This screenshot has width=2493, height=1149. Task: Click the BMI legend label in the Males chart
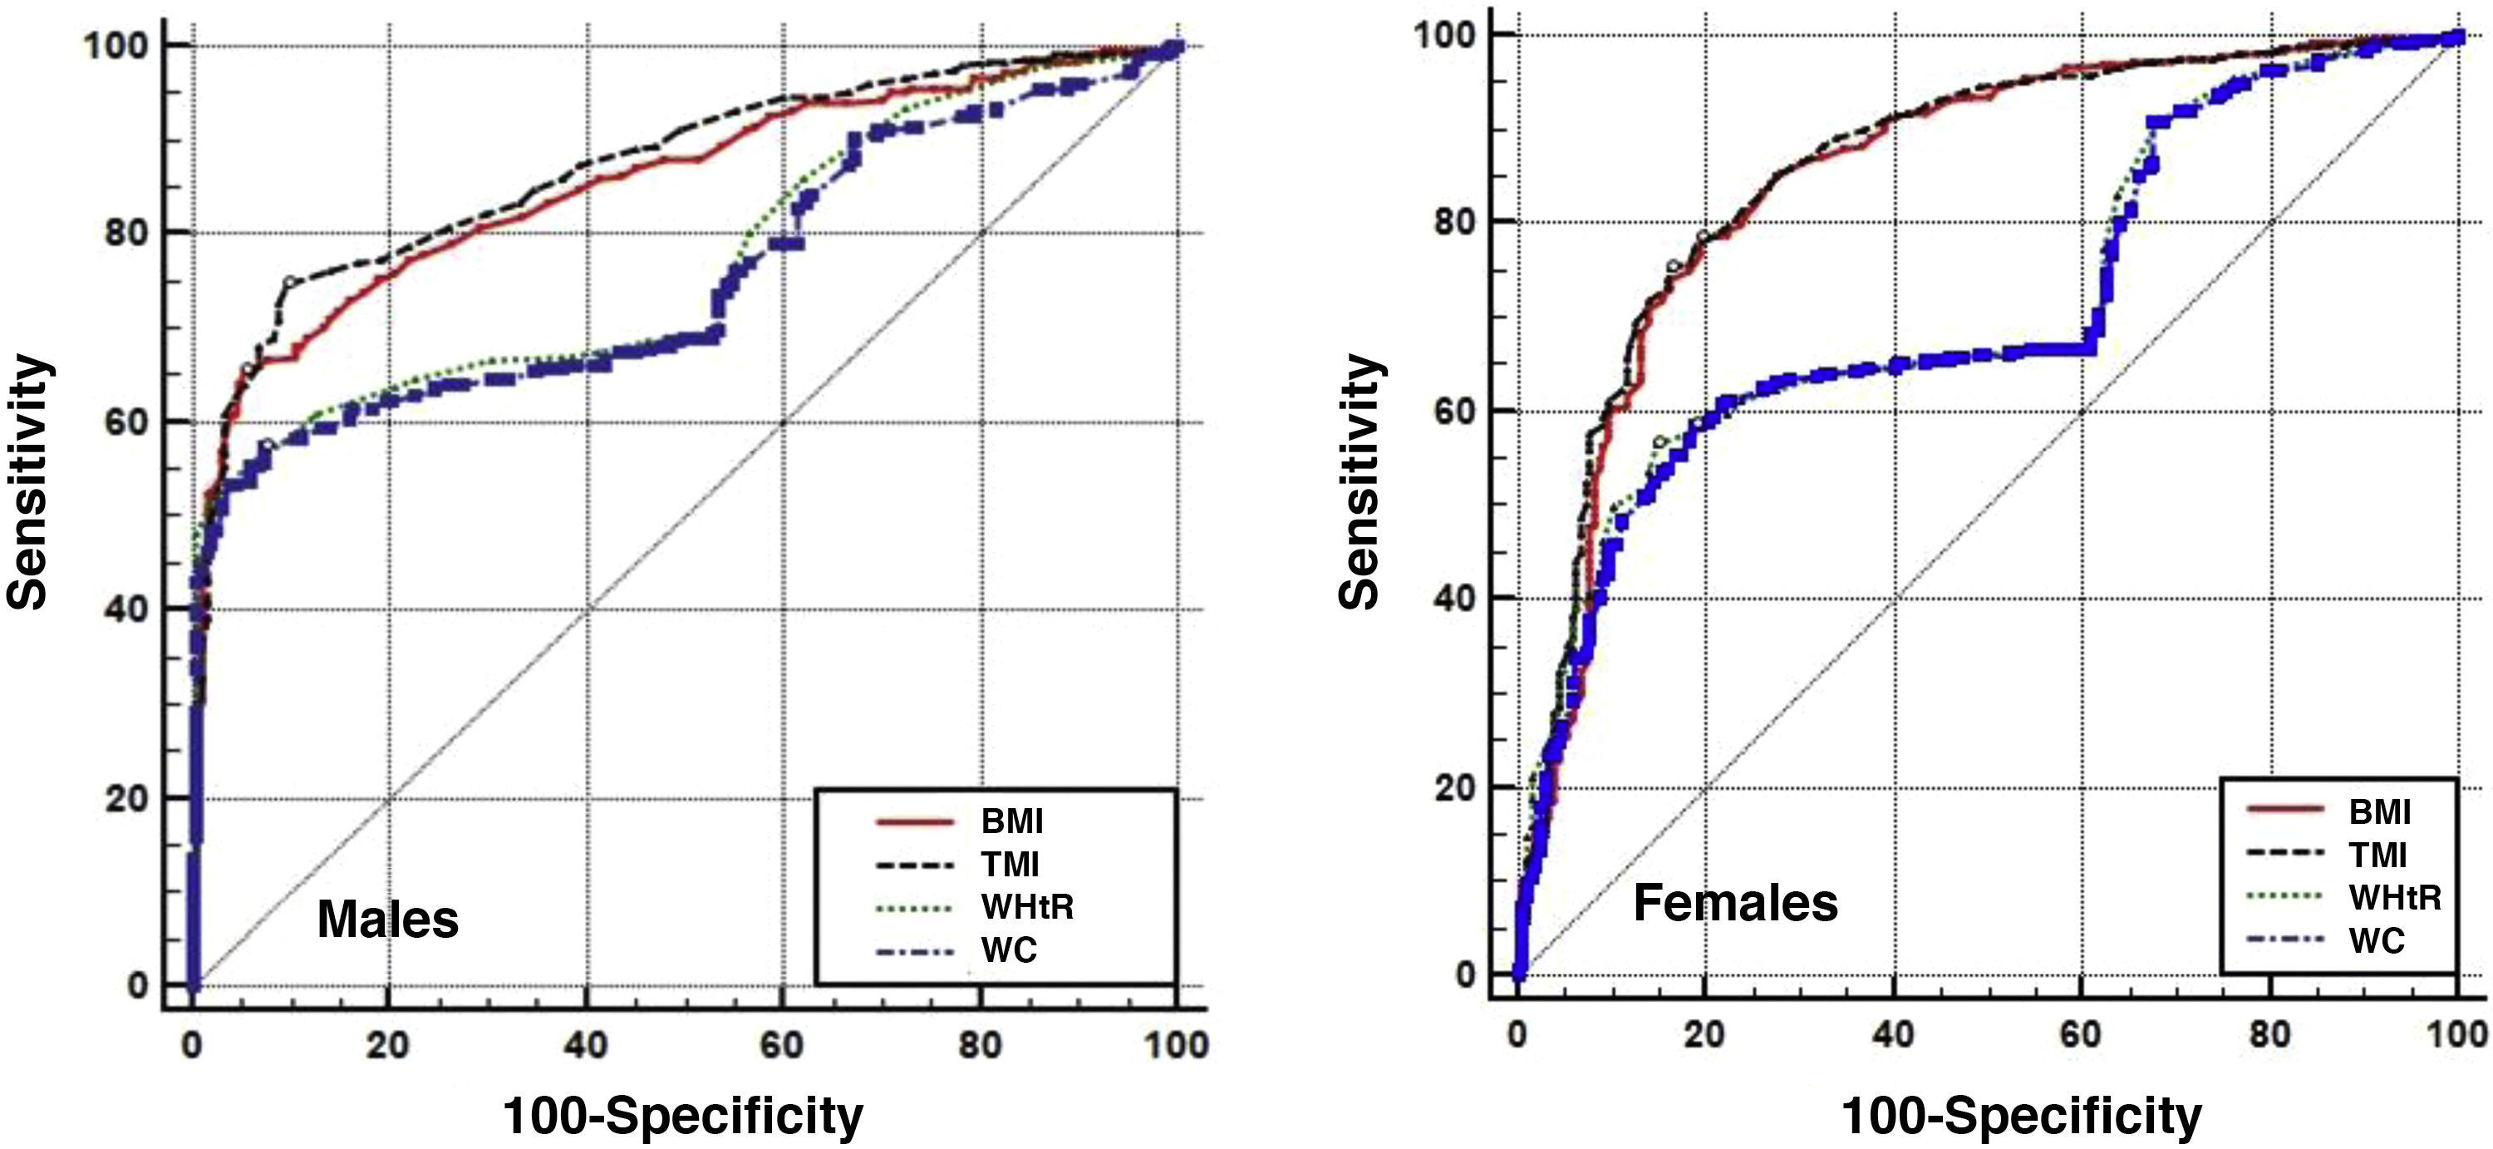pyautogui.click(x=1011, y=821)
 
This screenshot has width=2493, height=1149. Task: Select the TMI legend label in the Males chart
pyautogui.click(x=1010, y=865)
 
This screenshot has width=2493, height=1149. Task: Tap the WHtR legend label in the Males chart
pyautogui.click(x=1027, y=907)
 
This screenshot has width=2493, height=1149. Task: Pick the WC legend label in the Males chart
pyautogui.click(x=1009, y=950)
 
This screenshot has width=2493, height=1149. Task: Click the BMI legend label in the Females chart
pyautogui.click(x=2380, y=812)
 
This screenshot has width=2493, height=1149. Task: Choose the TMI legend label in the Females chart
pyautogui.click(x=2377, y=855)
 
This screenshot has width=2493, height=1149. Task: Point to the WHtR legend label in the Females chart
pyautogui.click(x=2395, y=897)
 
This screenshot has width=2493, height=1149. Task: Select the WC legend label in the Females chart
pyautogui.click(x=2377, y=940)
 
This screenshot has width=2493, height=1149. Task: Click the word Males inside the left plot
pyautogui.click(x=387, y=919)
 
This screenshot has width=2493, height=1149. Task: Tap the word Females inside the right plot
pyautogui.click(x=1735, y=903)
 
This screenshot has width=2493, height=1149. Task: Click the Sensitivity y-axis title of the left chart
pyautogui.click(x=27, y=482)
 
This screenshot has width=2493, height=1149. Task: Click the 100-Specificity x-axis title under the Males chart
pyautogui.click(x=683, y=1116)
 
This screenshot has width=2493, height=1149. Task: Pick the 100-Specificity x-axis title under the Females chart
pyautogui.click(x=2021, y=1116)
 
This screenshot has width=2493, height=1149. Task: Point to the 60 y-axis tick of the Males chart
pyautogui.click(x=125, y=422)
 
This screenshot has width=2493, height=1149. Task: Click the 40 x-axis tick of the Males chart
pyautogui.click(x=586, y=1045)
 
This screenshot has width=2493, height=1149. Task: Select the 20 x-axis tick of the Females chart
pyautogui.click(x=1704, y=1035)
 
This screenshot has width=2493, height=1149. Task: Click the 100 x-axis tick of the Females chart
pyautogui.click(x=2456, y=1035)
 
